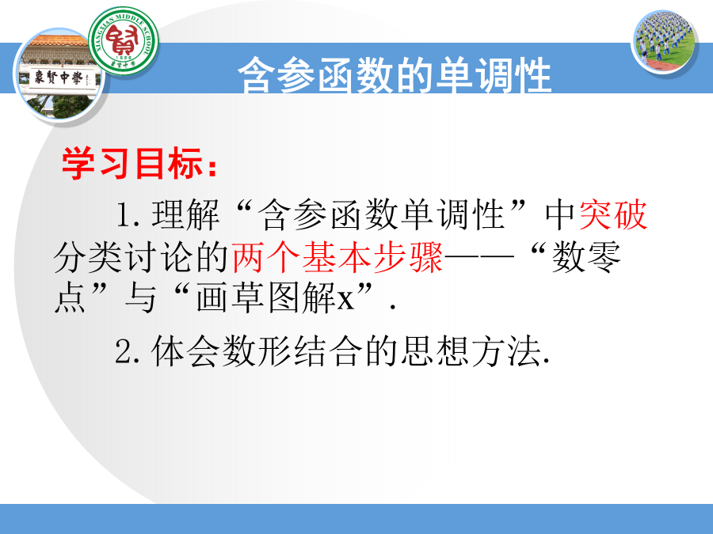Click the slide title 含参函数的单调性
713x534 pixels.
point(395,75)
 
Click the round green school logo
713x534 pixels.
point(124,41)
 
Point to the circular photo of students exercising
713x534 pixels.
point(665,42)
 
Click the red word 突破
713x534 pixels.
point(613,214)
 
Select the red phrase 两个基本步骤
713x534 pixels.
point(337,257)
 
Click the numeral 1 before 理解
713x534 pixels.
point(124,214)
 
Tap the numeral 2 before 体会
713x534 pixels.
point(124,351)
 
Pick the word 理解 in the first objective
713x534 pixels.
point(185,214)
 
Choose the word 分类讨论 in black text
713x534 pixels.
point(122,257)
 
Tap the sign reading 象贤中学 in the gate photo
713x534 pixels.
point(58,78)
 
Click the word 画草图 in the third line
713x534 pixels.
point(249,298)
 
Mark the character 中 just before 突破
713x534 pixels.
point(561,214)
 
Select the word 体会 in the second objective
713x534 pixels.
point(185,351)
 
